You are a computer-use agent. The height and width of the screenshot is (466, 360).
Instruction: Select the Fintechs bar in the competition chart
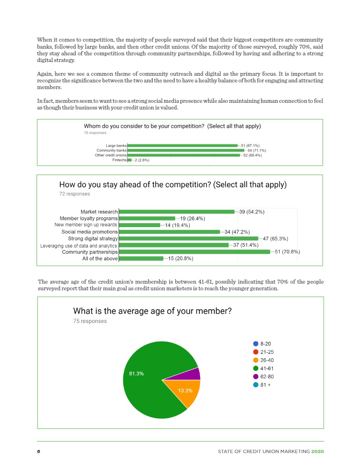click(x=129, y=160)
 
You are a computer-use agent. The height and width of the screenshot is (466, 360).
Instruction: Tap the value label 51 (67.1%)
click(x=250, y=146)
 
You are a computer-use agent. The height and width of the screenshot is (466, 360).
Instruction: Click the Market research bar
click(x=176, y=212)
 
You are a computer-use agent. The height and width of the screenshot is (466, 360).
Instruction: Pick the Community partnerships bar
click(x=194, y=252)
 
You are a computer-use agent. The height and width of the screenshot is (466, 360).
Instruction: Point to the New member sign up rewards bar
click(x=139, y=225)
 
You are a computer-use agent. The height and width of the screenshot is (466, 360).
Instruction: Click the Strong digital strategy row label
click(x=93, y=238)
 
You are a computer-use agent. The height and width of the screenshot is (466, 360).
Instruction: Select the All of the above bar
click(x=141, y=258)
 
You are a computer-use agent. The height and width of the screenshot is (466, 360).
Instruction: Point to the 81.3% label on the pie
click(x=136, y=374)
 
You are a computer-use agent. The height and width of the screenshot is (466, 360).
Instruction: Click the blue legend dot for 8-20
click(x=256, y=344)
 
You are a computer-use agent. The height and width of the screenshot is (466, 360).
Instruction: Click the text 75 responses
click(x=90, y=321)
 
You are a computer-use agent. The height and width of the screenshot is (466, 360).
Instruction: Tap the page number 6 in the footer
click(x=38, y=451)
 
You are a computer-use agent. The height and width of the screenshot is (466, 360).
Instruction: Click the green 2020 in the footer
click(x=317, y=451)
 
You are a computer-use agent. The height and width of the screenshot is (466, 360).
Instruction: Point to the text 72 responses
click(x=75, y=194)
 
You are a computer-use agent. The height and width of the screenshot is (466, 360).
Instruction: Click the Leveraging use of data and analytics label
click(x=78, y=246)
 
